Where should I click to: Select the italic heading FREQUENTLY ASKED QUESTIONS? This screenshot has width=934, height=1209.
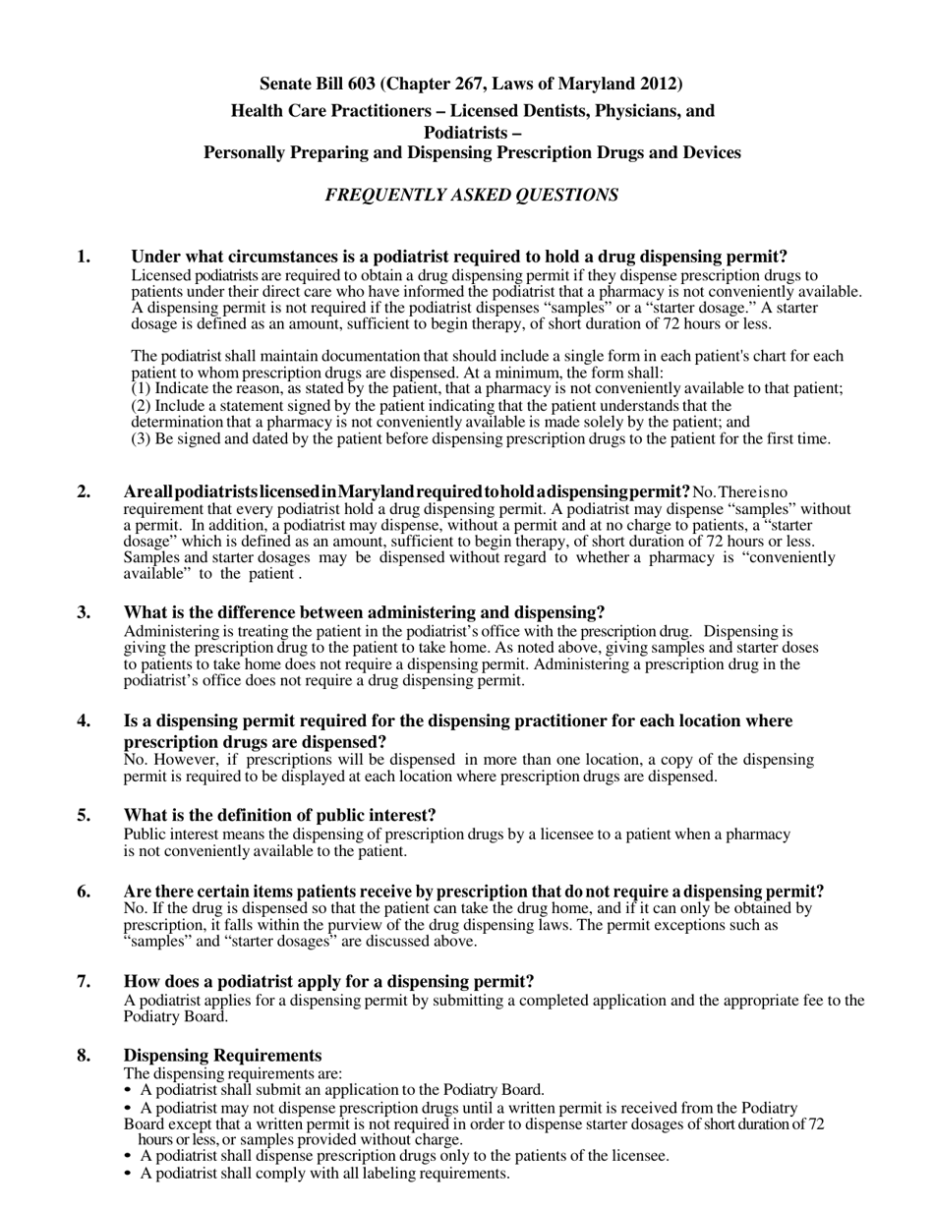[472, 195]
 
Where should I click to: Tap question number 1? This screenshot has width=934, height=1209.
[85, 258]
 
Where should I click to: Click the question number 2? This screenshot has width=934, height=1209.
[85, 491]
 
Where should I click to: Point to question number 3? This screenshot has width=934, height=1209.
[85, 612]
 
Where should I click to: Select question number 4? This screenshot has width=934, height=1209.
[85, 721]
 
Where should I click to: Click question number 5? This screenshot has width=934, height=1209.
[85, 816]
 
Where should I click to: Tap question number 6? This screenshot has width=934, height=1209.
[85, 892]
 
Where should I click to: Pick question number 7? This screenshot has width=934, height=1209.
[85, 982]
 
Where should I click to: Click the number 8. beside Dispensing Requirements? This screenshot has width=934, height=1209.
[85, 1056]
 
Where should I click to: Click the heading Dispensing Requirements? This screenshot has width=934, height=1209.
[222, 1056]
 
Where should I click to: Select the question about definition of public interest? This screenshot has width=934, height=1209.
[279, 816]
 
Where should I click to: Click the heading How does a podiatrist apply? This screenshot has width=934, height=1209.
[328, 982]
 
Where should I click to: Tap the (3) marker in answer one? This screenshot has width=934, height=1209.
[141, 439]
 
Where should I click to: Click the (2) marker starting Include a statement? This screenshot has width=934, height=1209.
[141, 406]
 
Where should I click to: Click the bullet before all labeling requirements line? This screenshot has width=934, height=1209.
[129, 1174]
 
